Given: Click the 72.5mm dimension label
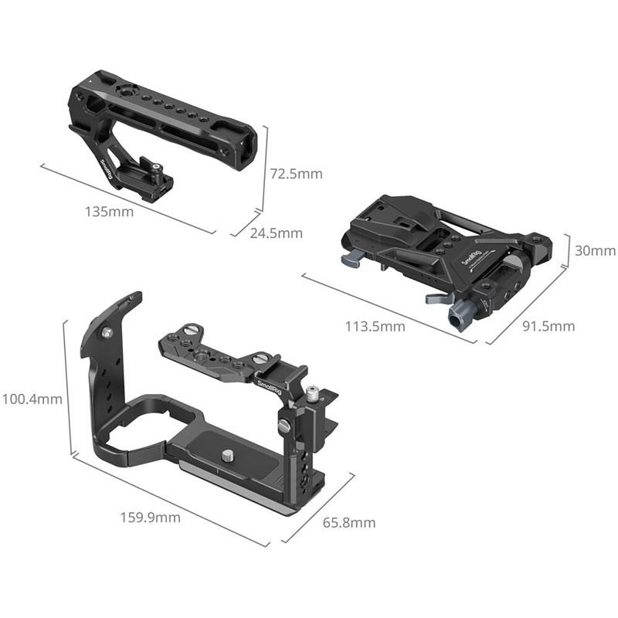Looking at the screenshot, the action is click(296, 173).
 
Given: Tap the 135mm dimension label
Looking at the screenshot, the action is click(109, 212).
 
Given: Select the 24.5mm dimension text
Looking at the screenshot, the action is click(277, 233).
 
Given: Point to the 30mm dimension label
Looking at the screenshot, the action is click(595, 250).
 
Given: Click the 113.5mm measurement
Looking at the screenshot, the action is click(375, 326).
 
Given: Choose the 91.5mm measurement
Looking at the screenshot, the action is click(548, 326).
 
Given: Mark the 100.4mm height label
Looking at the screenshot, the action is click(32, 399).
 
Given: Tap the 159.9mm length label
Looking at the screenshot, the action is click(150, 517).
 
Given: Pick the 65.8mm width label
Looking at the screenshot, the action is click(349, 523).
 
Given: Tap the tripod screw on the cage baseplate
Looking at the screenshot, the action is click(227, 456).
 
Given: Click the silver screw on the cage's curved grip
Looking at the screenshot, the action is click(107, 332).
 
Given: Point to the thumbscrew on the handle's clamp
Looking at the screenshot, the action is click(158, 168).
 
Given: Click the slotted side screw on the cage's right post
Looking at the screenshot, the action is click(284, 425).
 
